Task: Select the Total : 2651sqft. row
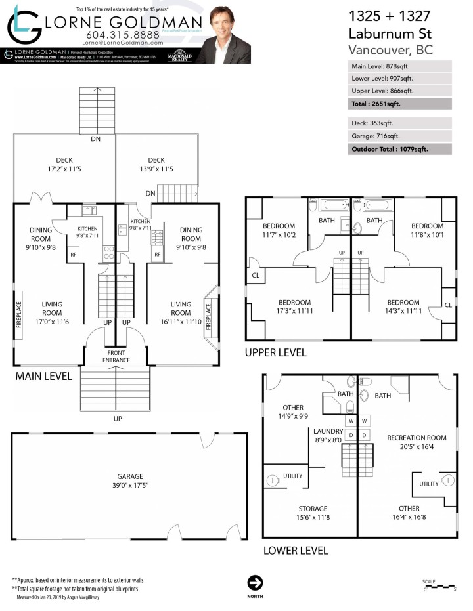point(399,104)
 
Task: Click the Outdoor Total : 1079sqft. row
point(399,149)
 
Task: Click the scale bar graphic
point(439,585)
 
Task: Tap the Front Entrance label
point(116,356)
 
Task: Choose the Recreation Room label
point(417,442)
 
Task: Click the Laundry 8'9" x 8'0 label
point(328,436)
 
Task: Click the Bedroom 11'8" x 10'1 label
point(426,230)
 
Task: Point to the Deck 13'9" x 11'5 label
point(156,165)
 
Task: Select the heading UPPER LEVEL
point(275,352)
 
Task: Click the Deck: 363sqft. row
point(399,123)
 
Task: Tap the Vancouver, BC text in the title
point(392,50)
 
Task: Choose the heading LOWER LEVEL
point(295,551)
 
